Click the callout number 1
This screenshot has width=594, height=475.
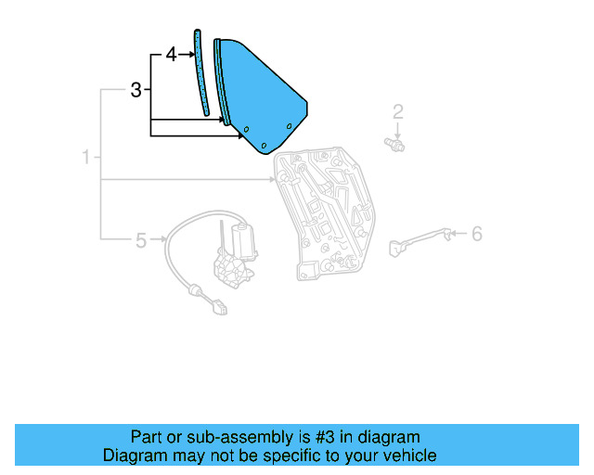tap(85, 159)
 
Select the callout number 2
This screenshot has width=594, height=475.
tap(397, 113)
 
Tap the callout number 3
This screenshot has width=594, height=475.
tap(136, 91)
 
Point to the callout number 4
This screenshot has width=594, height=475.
tap(171, 55)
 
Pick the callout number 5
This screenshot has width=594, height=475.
tap(141, 241)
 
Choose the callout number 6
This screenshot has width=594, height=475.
tap(476, 234)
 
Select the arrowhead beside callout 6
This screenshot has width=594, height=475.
tap(457, 235)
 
